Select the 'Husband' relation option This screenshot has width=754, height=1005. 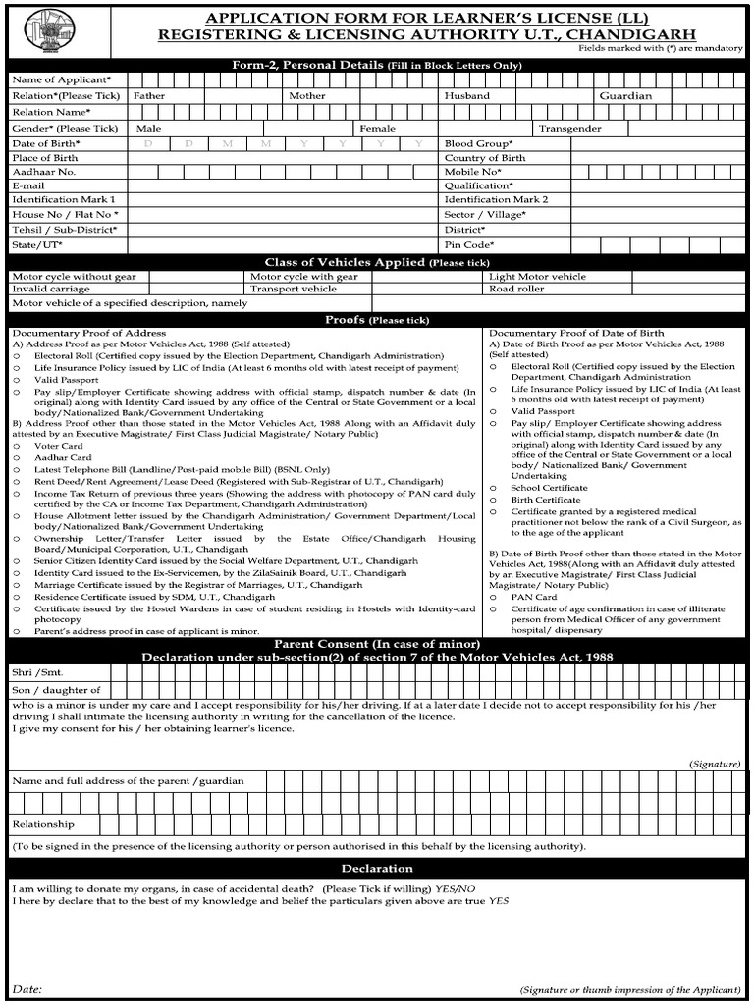(x=466, y=96)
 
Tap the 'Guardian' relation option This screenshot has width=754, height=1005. (x=625, y=96)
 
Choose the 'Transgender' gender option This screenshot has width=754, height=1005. (x=569, y=129)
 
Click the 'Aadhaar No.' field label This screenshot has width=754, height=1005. (x=43, y=172)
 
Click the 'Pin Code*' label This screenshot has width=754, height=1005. (x=469, y=244)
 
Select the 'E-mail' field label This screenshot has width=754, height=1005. (x=28, y=185)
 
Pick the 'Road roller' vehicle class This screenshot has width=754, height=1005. (x=516, y=290)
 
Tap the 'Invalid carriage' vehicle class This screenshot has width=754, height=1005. (x=51, y=290)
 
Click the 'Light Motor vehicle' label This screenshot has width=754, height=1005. (x=537, y=277)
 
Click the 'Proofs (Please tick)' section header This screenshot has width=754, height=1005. (x=377, y=320)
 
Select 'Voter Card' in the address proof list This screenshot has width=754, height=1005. (x=59, y=446)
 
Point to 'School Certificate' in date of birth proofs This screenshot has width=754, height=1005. (x=549, y=488)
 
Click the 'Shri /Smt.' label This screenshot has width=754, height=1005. (x=35, y=672)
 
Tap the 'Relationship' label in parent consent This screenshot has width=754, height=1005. (x=43, y=824)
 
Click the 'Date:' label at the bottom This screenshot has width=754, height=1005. (x=27, y=989)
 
